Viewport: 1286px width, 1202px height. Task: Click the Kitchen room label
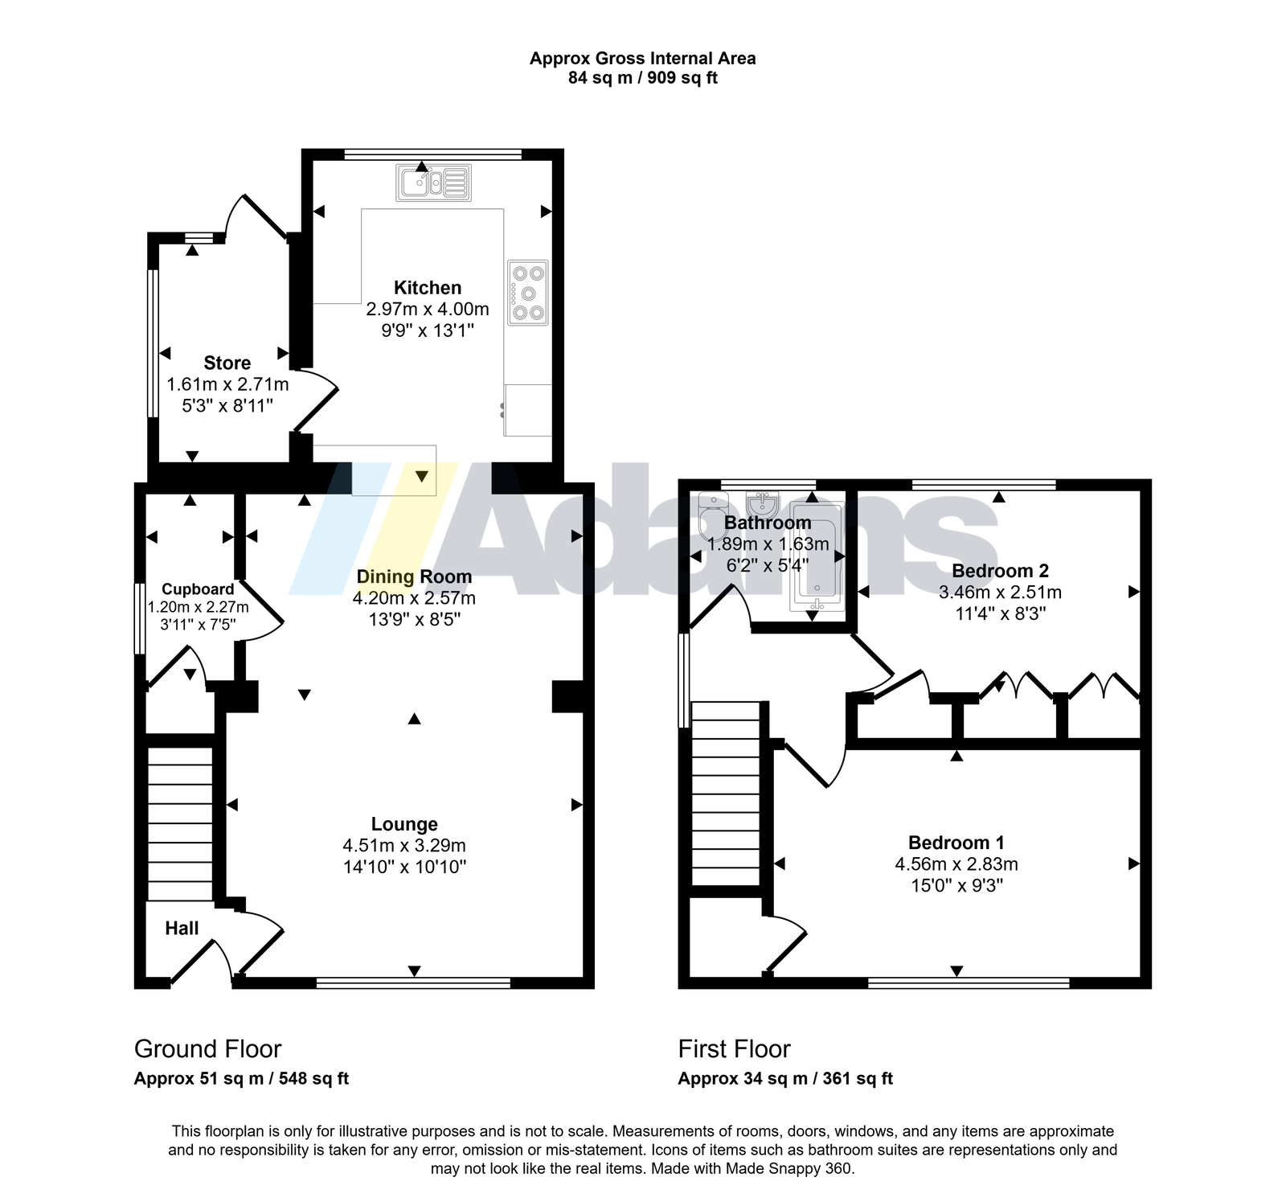[428, 288]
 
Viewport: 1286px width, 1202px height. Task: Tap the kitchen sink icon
[433, 183]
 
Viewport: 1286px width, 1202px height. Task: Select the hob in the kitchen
[528, 293]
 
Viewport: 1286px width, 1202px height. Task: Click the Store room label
[227, 363]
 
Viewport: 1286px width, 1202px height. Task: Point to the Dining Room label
[414, 576]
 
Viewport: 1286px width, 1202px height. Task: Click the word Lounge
[404, 824]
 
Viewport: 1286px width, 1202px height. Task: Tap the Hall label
[182, 929]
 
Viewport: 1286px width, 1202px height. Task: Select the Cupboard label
[198, 589]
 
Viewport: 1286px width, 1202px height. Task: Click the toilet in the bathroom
[713, 515]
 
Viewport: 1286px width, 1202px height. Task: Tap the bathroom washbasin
[760, 504]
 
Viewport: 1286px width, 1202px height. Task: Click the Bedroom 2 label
[1000, 571]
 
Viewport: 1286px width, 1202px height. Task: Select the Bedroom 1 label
[956, 843]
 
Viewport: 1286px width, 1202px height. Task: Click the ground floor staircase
[180, 823]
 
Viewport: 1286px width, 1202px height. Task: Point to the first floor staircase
[726, 794]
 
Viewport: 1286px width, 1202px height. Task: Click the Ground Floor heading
[207, 1049]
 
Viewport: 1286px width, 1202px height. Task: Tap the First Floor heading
[735, 1049]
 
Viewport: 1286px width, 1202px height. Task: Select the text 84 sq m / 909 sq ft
[643, 78]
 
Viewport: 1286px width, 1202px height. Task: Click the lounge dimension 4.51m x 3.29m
[404, 846]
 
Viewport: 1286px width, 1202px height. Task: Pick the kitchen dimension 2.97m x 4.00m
[428, 309]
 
